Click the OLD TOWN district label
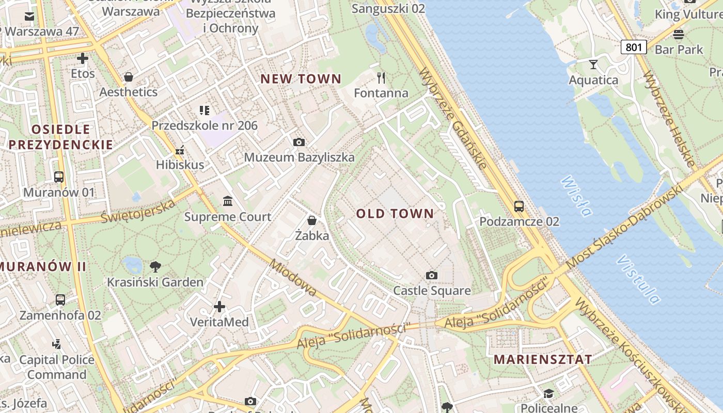pos(395,214)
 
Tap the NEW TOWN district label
pos(301,79)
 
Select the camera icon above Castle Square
pos(432,275)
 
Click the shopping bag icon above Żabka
pos(312,220)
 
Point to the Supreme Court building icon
pos(227,201)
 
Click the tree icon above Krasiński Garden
pos(155,267)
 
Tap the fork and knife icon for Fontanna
pos(381,78)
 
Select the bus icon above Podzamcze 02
pos(519,206)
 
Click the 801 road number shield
pos(634,47)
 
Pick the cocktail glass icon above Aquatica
pos(593,65)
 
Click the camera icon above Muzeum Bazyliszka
pos(298,142)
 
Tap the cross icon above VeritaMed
pos(219,307)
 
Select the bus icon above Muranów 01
pos(59,177)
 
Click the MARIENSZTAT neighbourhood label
pos(543,360)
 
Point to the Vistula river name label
pos(638,279)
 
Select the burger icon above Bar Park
pos(679,35)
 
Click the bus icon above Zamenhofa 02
pos(60,299)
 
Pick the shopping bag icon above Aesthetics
pos(128,77)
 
